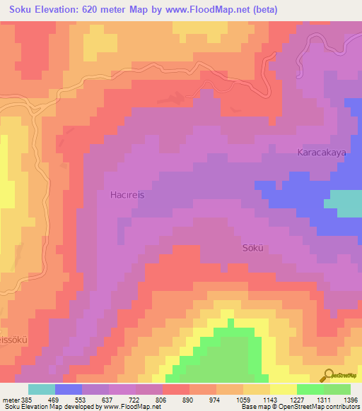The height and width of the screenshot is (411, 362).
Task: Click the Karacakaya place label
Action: [x=320, y=152]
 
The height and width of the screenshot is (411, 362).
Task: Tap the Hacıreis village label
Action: [x=127, y=194]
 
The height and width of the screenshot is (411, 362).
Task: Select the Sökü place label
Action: [x=254, y=248]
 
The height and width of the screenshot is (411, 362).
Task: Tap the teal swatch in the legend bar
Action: [x=42, y=389]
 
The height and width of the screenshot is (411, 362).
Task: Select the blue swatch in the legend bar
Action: [x=69, y=389]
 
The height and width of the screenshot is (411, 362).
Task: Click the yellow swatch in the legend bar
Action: [x=284, y=389]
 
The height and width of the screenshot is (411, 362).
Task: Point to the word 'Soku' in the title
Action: [x=17, y=9]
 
